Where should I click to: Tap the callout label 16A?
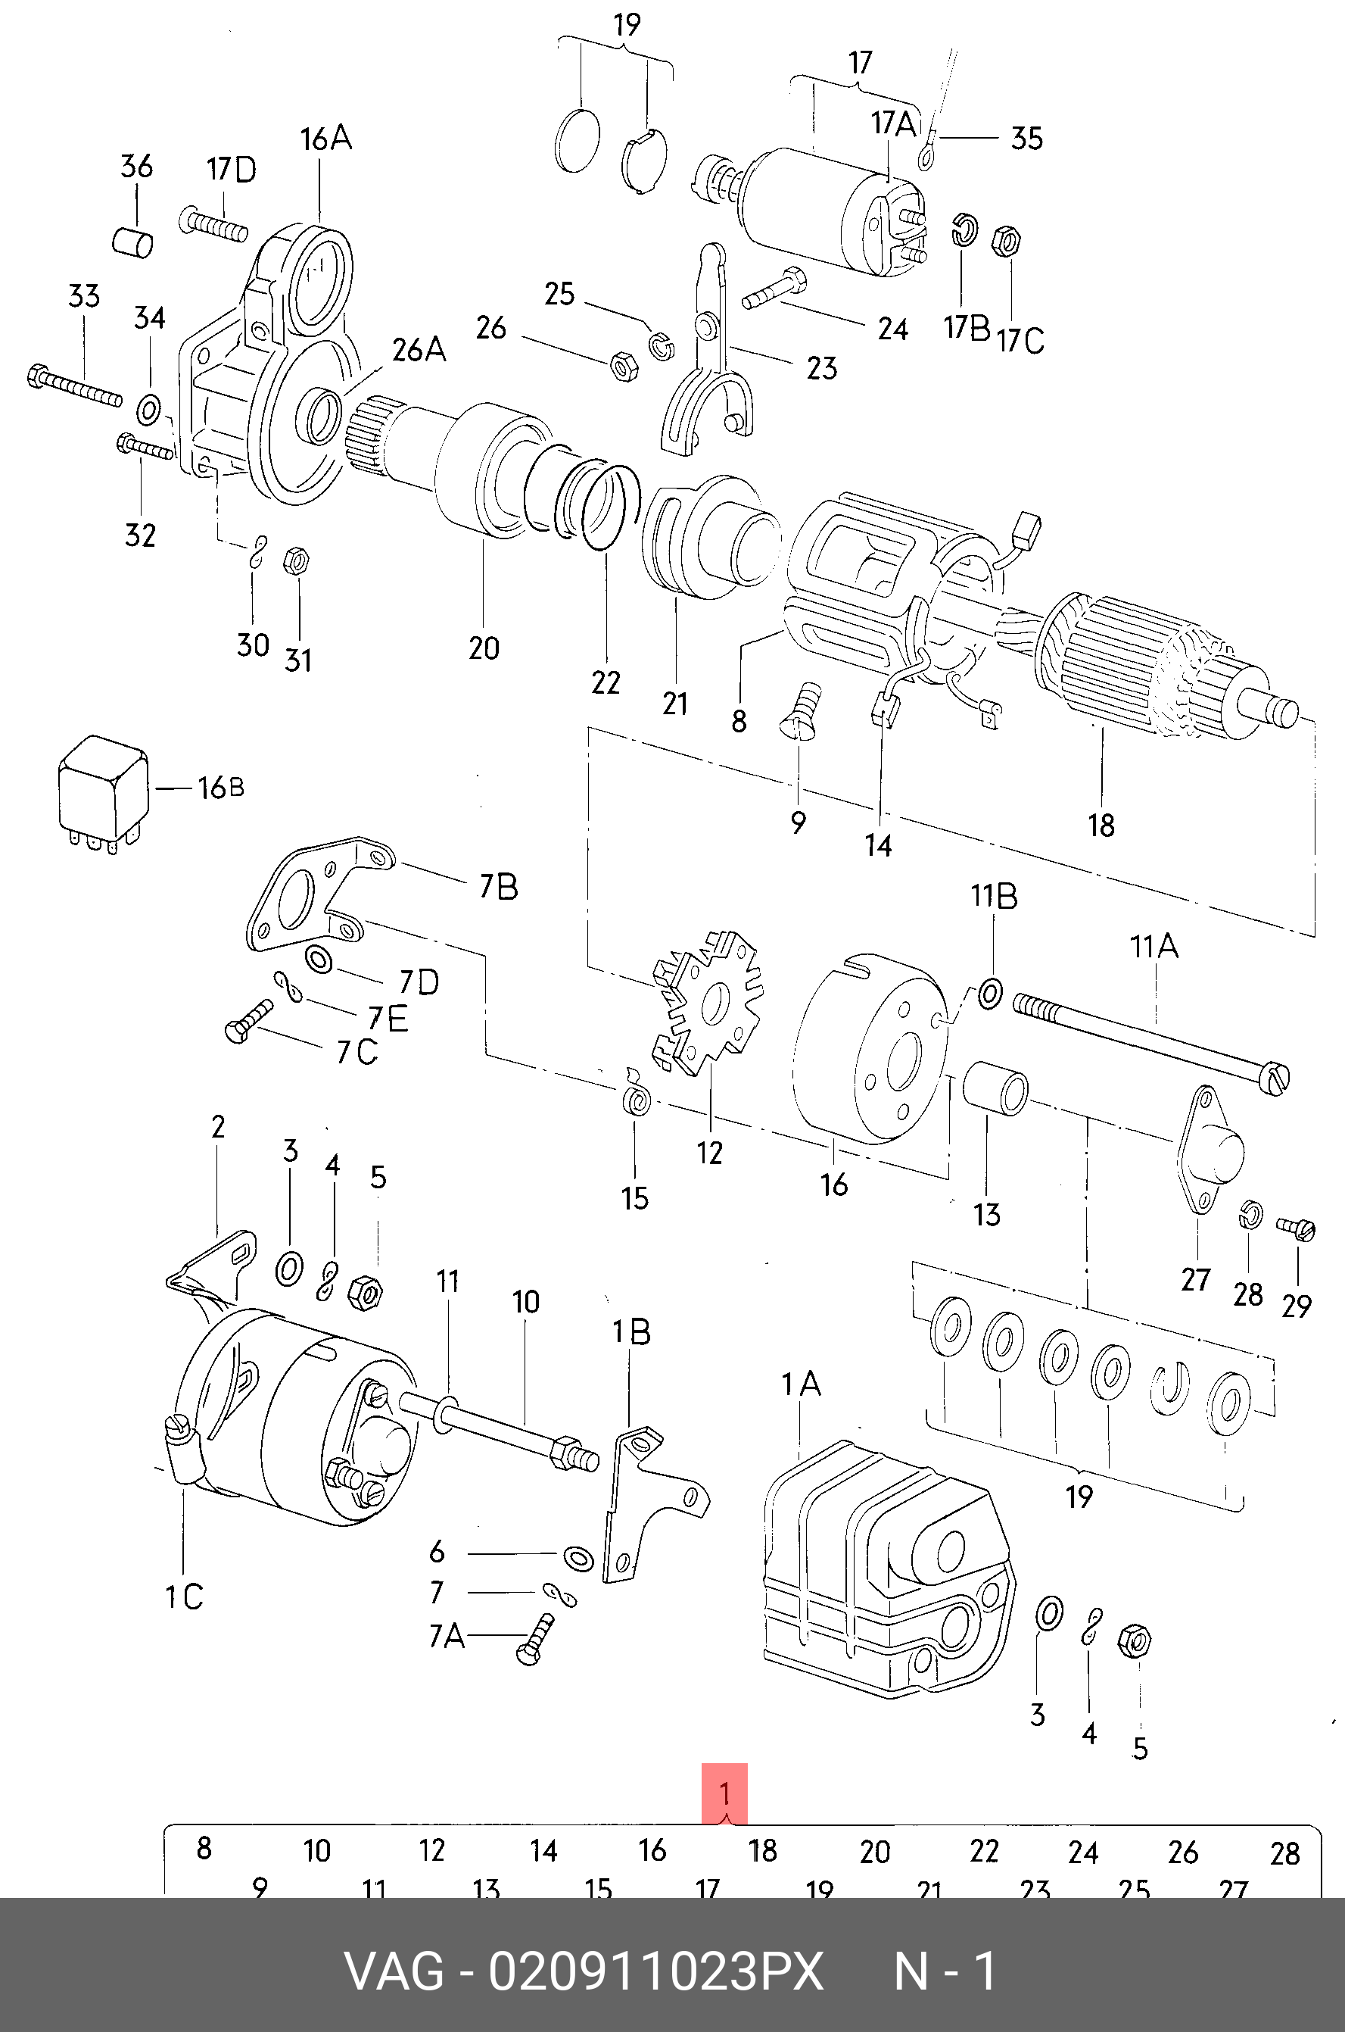click(x=325, y=138)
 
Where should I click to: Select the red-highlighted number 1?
click(x=724, y=1793)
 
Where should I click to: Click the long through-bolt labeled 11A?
click(x=1151, y=1041)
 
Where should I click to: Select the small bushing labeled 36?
click(x=133, y=240)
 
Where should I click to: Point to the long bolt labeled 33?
click(x=75, y=388)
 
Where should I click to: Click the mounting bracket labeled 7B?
click(x=319, y=896)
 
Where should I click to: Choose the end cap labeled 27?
click(x=1210, y=1149)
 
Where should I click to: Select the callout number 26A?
click(x=419, y=350)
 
